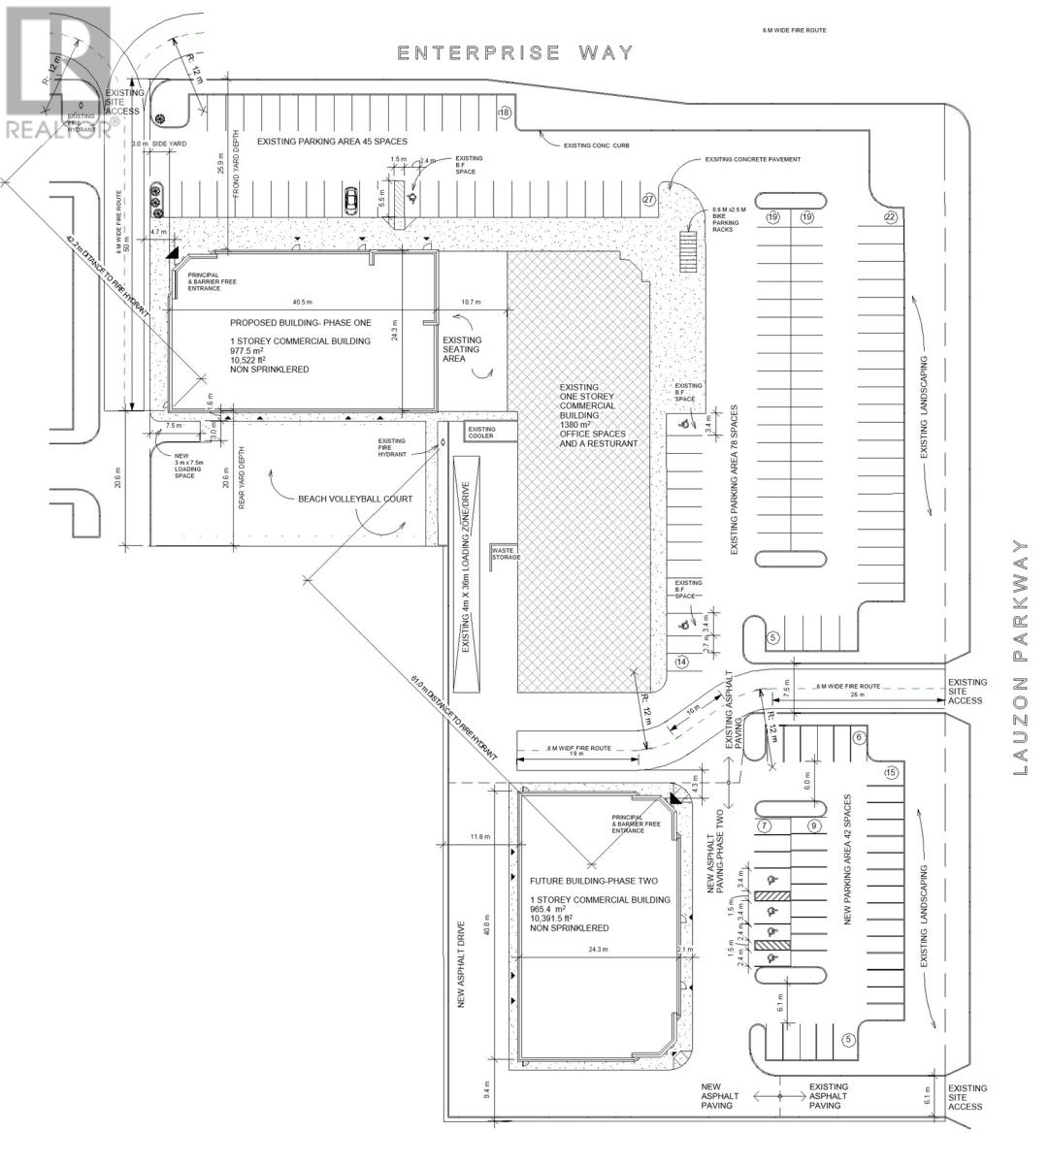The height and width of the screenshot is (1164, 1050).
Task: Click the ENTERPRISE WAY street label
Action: point(515,52)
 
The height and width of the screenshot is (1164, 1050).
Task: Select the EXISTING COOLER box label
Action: point(481,433)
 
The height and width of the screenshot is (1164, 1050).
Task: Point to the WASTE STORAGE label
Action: point(506,554)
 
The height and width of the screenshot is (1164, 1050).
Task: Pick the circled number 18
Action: point(504,113)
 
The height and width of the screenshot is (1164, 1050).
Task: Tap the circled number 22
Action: point(890,217)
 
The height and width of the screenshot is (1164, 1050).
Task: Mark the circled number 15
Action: point(891,772)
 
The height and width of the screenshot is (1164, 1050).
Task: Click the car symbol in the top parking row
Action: point(349,201)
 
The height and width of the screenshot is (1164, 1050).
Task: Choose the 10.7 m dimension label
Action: point(471,302)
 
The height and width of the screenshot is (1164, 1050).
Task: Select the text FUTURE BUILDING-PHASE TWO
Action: point(594,881)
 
